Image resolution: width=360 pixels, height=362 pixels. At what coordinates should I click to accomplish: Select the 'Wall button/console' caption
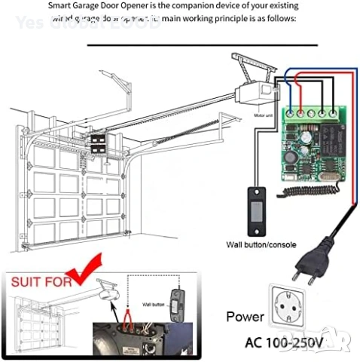pos(261,244)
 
